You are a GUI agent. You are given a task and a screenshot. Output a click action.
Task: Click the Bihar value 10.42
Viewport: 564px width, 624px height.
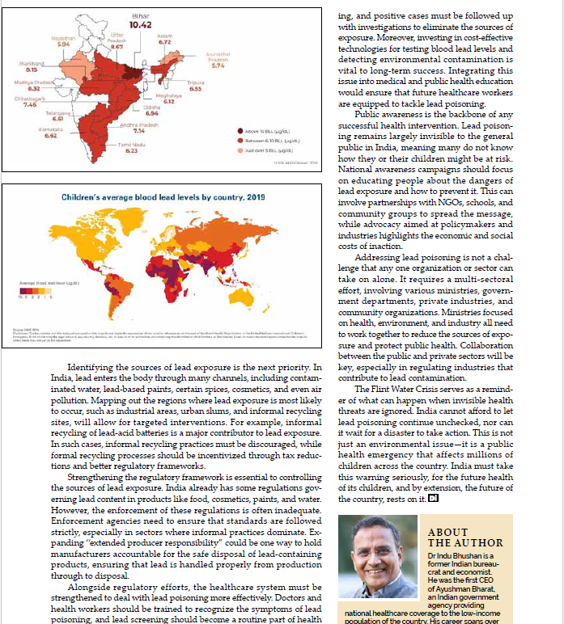tap(141, 25)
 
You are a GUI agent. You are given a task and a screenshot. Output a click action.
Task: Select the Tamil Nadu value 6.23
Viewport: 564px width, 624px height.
tap(131, 150)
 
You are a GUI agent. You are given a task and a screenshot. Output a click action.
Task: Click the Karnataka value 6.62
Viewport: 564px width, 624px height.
tap(51, 136)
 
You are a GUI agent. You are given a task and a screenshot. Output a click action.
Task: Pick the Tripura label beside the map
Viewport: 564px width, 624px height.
tap(195, 82)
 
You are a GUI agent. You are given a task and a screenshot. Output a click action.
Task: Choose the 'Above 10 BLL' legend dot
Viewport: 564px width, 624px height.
tap(240, 130)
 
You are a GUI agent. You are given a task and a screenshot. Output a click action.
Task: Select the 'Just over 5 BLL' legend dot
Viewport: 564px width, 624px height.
tap(240, 150)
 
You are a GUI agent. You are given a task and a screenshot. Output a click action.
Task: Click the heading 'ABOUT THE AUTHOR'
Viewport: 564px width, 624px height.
tap(465, 538)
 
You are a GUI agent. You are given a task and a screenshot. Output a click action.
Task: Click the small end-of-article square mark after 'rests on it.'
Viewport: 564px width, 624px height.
tap(433, 499)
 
